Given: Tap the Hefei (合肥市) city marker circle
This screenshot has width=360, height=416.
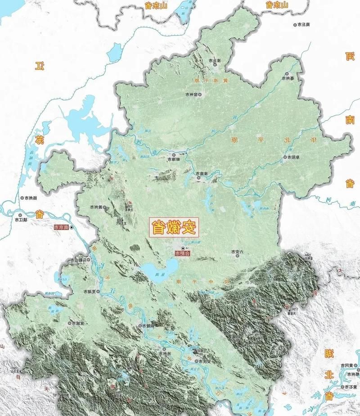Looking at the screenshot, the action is click(183, 248).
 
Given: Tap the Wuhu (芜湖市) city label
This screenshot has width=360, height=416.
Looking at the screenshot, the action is click(90, 292).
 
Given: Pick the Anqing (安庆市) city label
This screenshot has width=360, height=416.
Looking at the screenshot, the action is click(203, 361).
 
